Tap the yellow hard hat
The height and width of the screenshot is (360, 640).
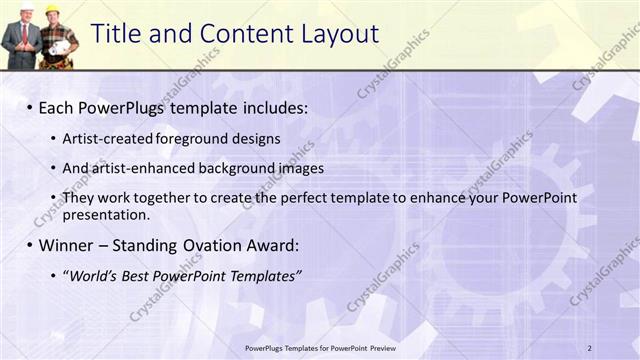(52, 11)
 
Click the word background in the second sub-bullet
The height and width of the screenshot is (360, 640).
(213, 168)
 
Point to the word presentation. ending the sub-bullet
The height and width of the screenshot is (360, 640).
(106, 215)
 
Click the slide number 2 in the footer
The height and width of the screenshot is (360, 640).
(590, 347)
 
